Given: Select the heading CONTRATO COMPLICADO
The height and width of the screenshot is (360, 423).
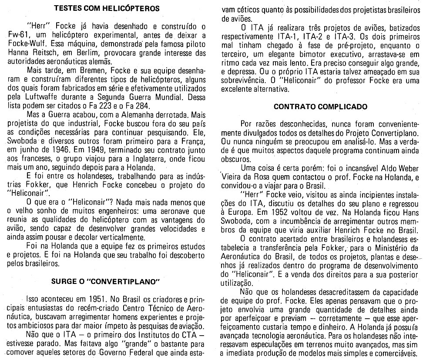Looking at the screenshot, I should click(321, 107).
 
